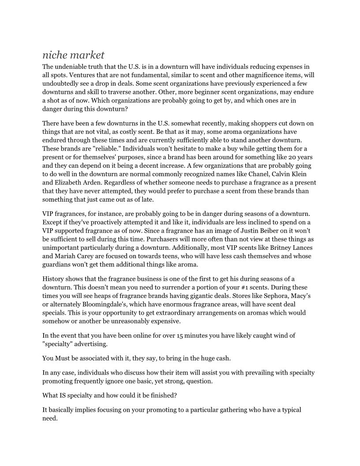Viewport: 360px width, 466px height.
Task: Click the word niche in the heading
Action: (x=55, y=55)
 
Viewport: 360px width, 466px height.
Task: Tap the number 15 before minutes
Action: (x=182, y=335)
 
